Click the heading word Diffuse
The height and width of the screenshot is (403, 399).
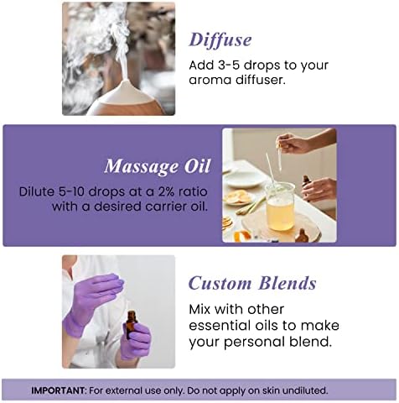tap(220, 40)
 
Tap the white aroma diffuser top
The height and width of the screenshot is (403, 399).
tap(125, 91)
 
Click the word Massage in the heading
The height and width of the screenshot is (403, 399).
tap(141, 166)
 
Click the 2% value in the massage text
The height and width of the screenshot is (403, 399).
tap(164, 191)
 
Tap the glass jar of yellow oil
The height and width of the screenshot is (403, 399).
tap(280, 207)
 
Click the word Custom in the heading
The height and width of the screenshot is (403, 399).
tap(220, 283)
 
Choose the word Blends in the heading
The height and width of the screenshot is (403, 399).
tap(288, 283)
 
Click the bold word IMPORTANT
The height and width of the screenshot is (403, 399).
tap(58, 390)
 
